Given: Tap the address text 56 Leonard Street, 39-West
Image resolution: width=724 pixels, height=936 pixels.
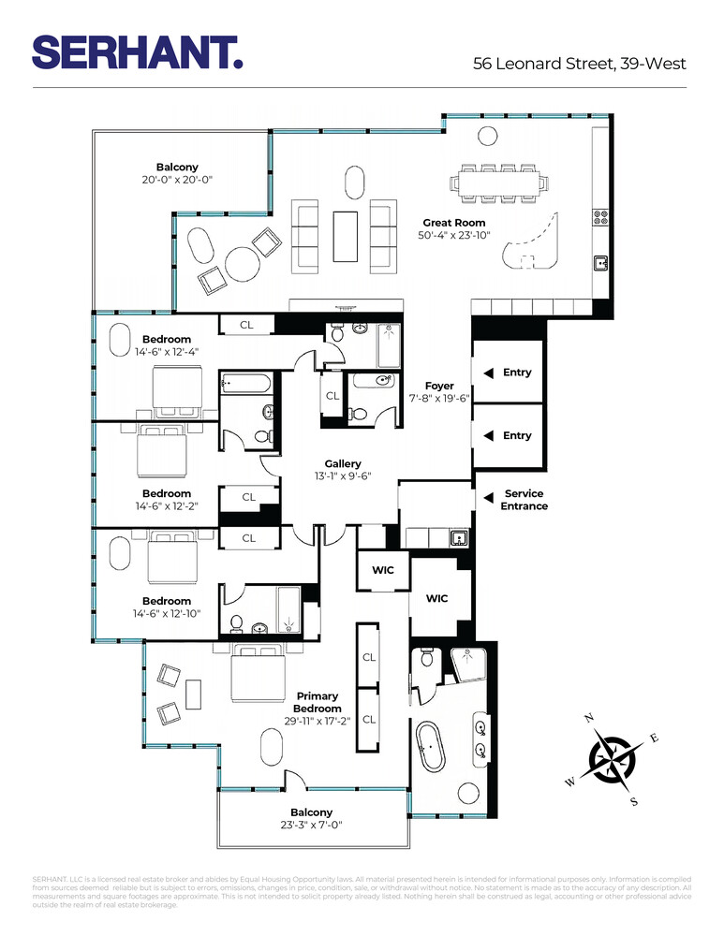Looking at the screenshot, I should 580,64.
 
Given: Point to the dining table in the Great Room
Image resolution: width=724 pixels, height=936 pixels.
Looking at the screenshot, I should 500,183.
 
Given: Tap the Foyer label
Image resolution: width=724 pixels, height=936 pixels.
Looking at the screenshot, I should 438,386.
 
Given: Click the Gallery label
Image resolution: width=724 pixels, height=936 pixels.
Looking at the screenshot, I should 343,464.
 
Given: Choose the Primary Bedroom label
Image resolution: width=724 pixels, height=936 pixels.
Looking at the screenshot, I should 318,702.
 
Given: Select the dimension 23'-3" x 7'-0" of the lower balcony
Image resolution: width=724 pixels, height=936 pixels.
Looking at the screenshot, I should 311,826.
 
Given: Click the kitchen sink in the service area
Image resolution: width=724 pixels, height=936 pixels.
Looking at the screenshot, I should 458,537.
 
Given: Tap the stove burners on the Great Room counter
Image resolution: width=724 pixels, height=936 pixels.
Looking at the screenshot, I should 599,218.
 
